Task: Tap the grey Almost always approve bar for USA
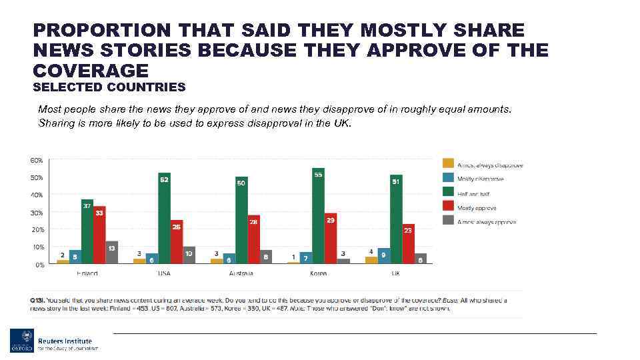pos(189,255)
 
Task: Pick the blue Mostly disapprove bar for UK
pos(383,255)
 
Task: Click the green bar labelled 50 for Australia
pos(241,220)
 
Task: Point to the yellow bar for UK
pos(371,259)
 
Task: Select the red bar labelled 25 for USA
pos(176,241)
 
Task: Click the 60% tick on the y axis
pos(36,161)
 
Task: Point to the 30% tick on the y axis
pos(36,213)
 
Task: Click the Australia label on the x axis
pos(241,274)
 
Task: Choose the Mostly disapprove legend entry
pos(480,178)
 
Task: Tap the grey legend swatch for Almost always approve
pos(447,221)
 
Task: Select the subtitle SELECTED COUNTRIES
pos(109,87)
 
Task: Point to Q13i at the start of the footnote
pos(37,300)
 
